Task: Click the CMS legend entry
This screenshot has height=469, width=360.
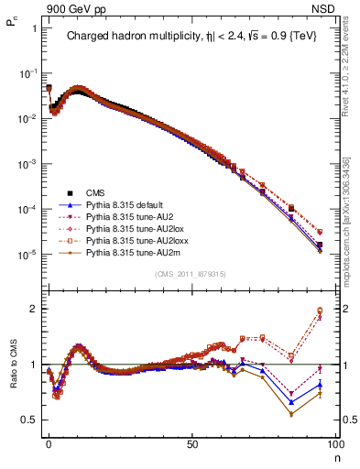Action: click(96, 193)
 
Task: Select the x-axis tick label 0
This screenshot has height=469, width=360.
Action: click(49, 442)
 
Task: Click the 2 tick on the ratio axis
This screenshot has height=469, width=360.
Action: click(33, 309)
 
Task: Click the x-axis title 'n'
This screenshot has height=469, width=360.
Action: click(335, 455)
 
